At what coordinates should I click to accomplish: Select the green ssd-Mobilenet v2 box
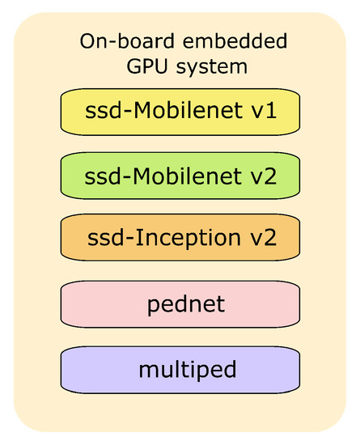[x=180, y=174]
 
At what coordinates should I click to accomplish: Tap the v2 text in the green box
[x=264, y=174]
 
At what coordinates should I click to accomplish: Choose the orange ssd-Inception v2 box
[x=180, y=239]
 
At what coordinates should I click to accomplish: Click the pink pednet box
[x=180, y=304]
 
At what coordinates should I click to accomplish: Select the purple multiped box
[x=180, y=370]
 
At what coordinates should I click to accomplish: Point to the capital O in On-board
[x=87, y=41]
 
